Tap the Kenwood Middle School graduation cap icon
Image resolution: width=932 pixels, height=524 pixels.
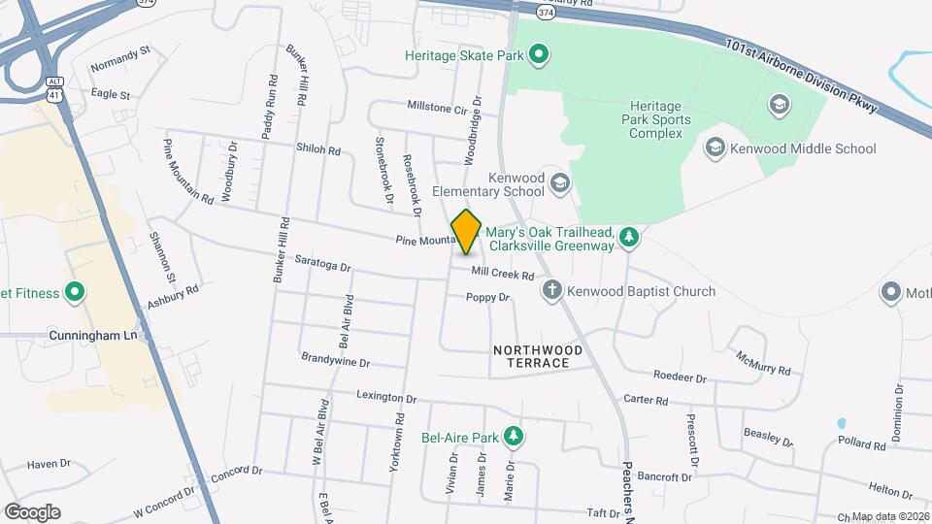pos(716,148)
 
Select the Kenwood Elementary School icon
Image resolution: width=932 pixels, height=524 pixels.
pos(559,182)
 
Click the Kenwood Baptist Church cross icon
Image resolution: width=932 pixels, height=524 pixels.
pos(551,290)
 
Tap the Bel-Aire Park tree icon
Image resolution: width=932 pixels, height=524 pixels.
pos(514,437)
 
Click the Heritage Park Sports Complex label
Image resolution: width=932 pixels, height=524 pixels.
pos(660,120)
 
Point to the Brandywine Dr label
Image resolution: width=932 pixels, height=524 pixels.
pos(336,361)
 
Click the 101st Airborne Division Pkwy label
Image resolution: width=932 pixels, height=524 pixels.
pos(802,74)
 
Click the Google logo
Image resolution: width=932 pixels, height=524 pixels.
pos(32,512)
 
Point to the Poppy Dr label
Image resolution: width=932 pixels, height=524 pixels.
pos(487,297)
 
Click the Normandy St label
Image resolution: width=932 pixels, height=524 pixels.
pos(120,68)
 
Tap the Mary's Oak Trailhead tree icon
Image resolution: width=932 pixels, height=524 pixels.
pos(629,236)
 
